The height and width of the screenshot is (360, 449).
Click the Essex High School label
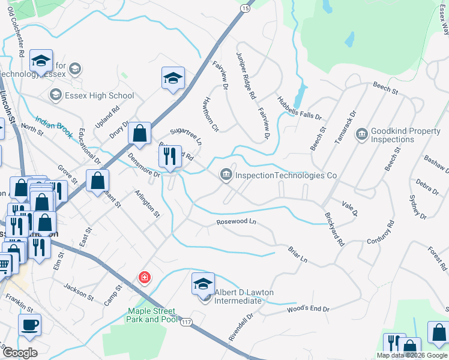100,95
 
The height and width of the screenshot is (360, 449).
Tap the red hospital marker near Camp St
144,277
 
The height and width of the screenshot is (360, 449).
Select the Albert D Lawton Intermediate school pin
203,283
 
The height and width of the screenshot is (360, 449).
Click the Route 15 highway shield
246,8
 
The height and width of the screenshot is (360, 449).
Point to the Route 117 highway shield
187,322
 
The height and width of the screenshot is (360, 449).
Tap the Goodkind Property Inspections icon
361,133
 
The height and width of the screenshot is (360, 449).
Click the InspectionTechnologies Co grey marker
226,175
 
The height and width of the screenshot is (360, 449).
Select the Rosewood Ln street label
236,222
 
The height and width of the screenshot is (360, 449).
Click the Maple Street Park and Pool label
151,316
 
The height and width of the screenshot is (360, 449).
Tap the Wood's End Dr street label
309,309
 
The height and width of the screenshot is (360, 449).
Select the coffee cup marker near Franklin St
29,325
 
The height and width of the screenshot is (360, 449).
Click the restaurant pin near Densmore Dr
170,157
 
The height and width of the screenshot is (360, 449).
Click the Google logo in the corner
19,353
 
